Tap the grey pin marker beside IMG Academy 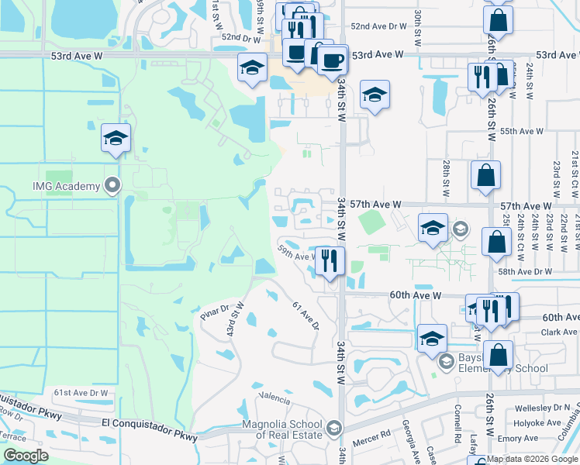pyautogui.click(x=113, y=186)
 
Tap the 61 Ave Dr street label pyautogui.click(x=306, y=315)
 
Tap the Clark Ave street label pyautogui.click(x=561, y=332)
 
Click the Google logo pyautogui.click(x=26, y=456)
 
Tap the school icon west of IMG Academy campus pyautogui.click(x=116, y=139)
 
